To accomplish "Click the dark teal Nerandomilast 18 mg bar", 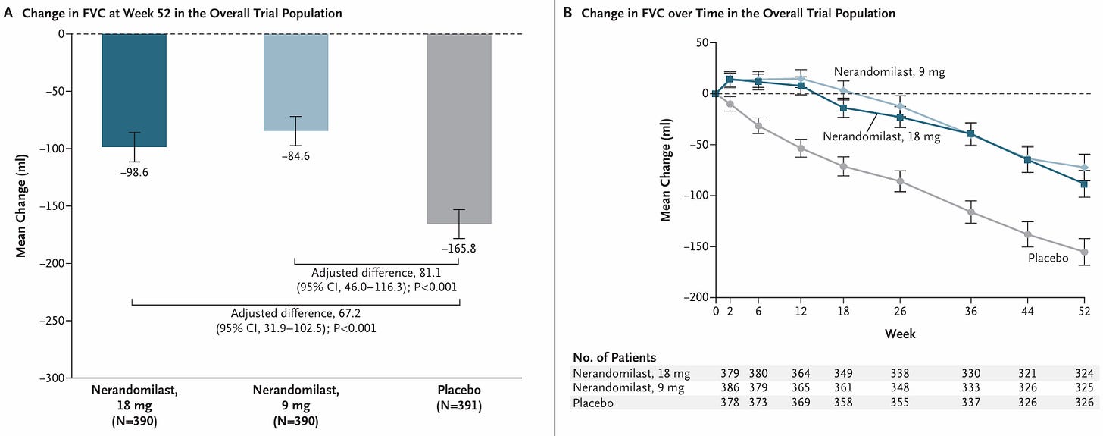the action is click(134, 90).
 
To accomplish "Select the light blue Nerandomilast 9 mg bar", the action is click(295, 83).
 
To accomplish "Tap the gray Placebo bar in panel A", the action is click(459, 129).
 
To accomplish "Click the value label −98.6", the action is click(134, 172).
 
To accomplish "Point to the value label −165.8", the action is click(459, 248).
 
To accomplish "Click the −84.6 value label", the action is click(295, 156).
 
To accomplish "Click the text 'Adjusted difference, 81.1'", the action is click(377, 272).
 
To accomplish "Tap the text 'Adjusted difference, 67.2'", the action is click(295, 313).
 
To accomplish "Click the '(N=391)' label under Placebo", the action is click(459, 406).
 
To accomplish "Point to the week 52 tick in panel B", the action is click(1084, 312).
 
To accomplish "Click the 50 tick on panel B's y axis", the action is click(701, 43).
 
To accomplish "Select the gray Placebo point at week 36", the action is click(970, 212).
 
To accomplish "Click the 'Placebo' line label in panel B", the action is click(1048, 258).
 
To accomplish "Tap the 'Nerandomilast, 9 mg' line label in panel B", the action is click(889, 72).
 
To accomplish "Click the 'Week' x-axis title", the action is click(900, 334).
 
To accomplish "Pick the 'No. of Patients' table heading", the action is click(614, 357).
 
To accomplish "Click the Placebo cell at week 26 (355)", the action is click(900, 403).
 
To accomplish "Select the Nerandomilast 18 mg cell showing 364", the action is click(801, 373).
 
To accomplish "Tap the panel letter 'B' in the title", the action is click(567, 13).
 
